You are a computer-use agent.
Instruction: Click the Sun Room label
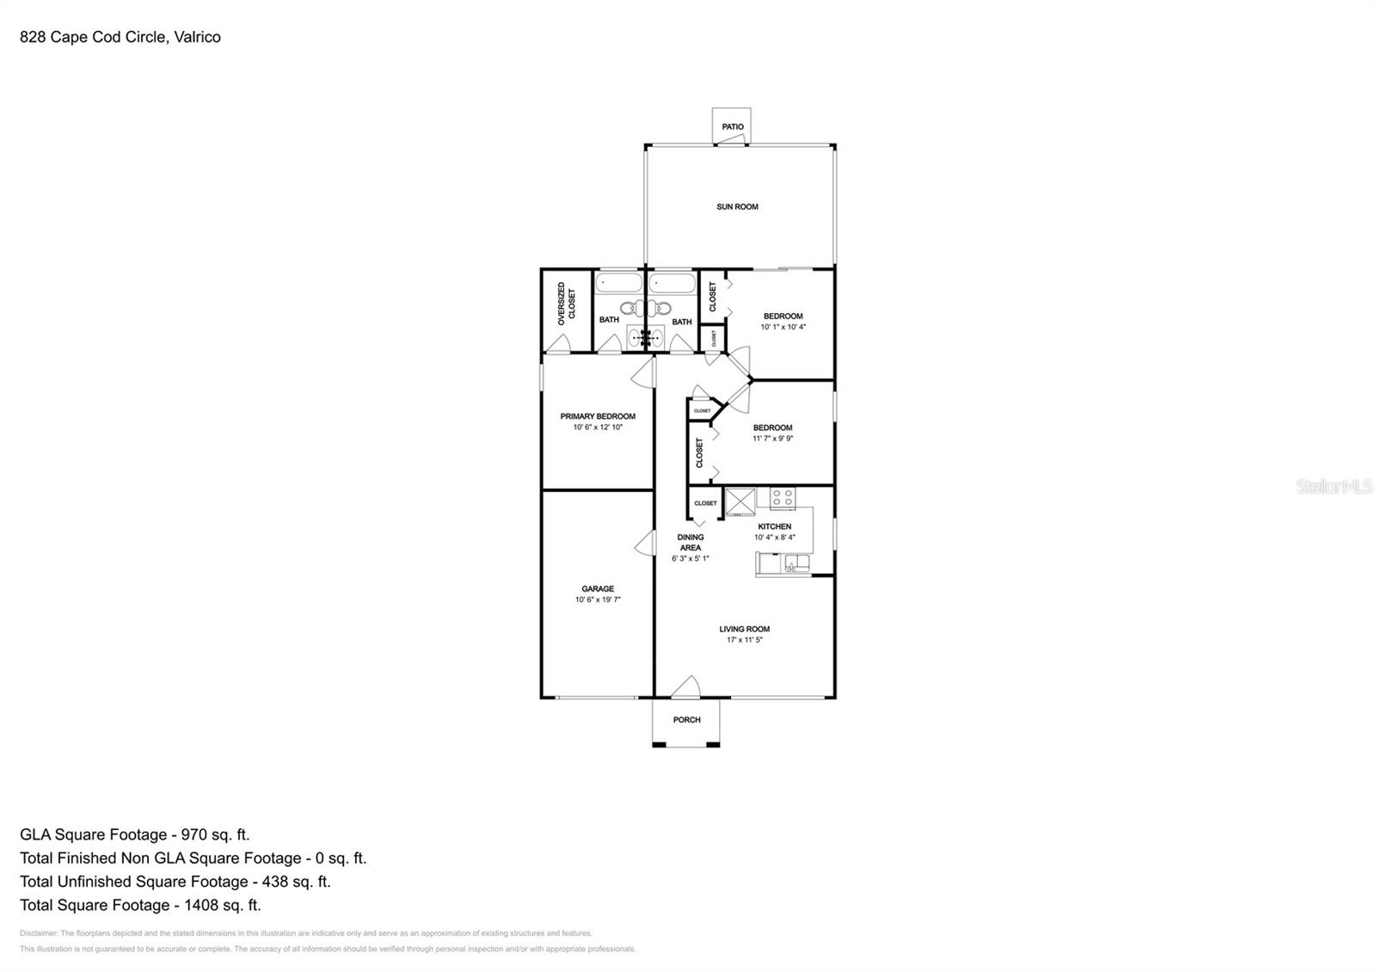(x=737, y=206)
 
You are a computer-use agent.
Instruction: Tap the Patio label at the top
(x=733, y=127)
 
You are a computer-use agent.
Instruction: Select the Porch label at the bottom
(x=686, y=720)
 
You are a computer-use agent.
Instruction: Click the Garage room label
(x=598, y=589)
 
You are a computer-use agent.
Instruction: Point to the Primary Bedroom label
(x=598, y=416)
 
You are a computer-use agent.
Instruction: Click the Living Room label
(x=744, y=629)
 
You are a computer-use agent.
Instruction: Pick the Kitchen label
(x=774, y=526)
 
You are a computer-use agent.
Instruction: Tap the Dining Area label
(x=690, y=543)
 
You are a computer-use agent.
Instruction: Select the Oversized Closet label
(x=567, y=303)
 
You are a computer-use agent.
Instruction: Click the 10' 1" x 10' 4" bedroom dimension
(x=783, y=327)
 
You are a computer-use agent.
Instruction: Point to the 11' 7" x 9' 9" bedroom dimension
(x=772, y=439)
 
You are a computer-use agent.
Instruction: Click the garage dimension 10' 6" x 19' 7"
(x=598, y=600)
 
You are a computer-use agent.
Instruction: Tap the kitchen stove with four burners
(x=783, y=497)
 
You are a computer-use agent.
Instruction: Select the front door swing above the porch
(x=685, y=686)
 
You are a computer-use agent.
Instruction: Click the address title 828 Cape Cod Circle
(x=120, y=37)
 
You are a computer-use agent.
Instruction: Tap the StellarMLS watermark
(x=1334, y=487)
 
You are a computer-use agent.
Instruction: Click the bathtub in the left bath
(x=618, y=284)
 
